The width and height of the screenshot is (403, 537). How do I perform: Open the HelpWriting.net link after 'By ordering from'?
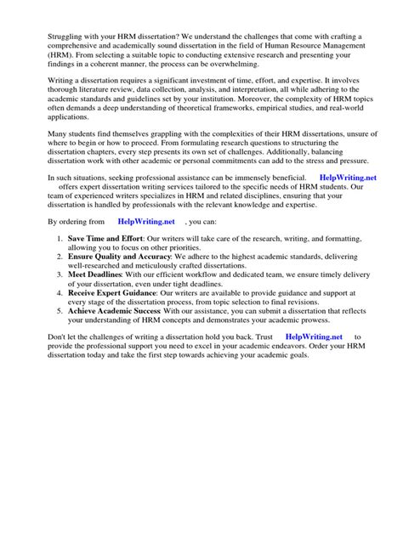pyautogui.click(x=146, y=265)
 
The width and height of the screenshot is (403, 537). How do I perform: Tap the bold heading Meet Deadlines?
pyautogui.click(x=94, y=323)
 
